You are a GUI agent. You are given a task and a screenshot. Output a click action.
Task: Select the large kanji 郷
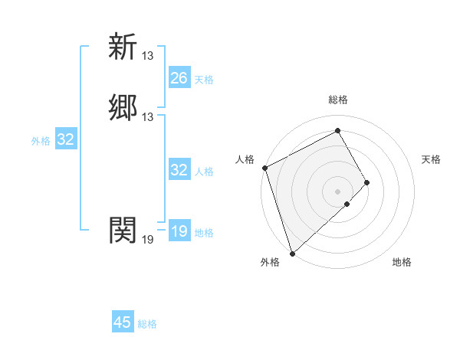[123, 107]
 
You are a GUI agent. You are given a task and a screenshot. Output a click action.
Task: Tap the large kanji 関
[123, 229]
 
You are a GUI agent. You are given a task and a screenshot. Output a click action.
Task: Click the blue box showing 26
[179, 78]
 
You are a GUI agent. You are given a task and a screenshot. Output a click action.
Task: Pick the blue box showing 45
[123, 322]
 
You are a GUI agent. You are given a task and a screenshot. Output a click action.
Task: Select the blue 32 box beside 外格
[66, 139]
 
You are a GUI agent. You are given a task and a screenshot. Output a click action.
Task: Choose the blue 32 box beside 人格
[179, 170]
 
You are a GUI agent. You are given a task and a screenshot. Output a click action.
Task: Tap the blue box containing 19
[179, 231]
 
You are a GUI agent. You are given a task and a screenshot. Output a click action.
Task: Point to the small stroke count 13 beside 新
[148, 56]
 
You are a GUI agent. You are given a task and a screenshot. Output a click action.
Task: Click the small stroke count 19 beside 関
[148, 240]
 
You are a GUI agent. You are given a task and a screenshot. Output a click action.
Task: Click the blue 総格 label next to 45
[147, 324]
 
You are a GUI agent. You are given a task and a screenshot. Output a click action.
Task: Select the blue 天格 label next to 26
[204, 80]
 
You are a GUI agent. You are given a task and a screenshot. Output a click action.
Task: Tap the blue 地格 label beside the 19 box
[204, 233]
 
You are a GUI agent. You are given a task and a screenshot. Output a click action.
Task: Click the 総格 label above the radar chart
[337, 100]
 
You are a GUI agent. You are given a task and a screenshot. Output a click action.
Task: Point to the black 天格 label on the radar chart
[431, 159]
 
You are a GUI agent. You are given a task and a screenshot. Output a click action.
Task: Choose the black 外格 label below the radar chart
[269, 263]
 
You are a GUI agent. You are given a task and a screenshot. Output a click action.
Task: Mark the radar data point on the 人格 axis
[264, 168]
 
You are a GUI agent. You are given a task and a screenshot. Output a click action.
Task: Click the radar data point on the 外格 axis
[292, 252]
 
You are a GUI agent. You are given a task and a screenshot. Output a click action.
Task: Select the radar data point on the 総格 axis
[337, 131]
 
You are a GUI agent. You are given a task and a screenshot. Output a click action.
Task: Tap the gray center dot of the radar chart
[337, 191]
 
